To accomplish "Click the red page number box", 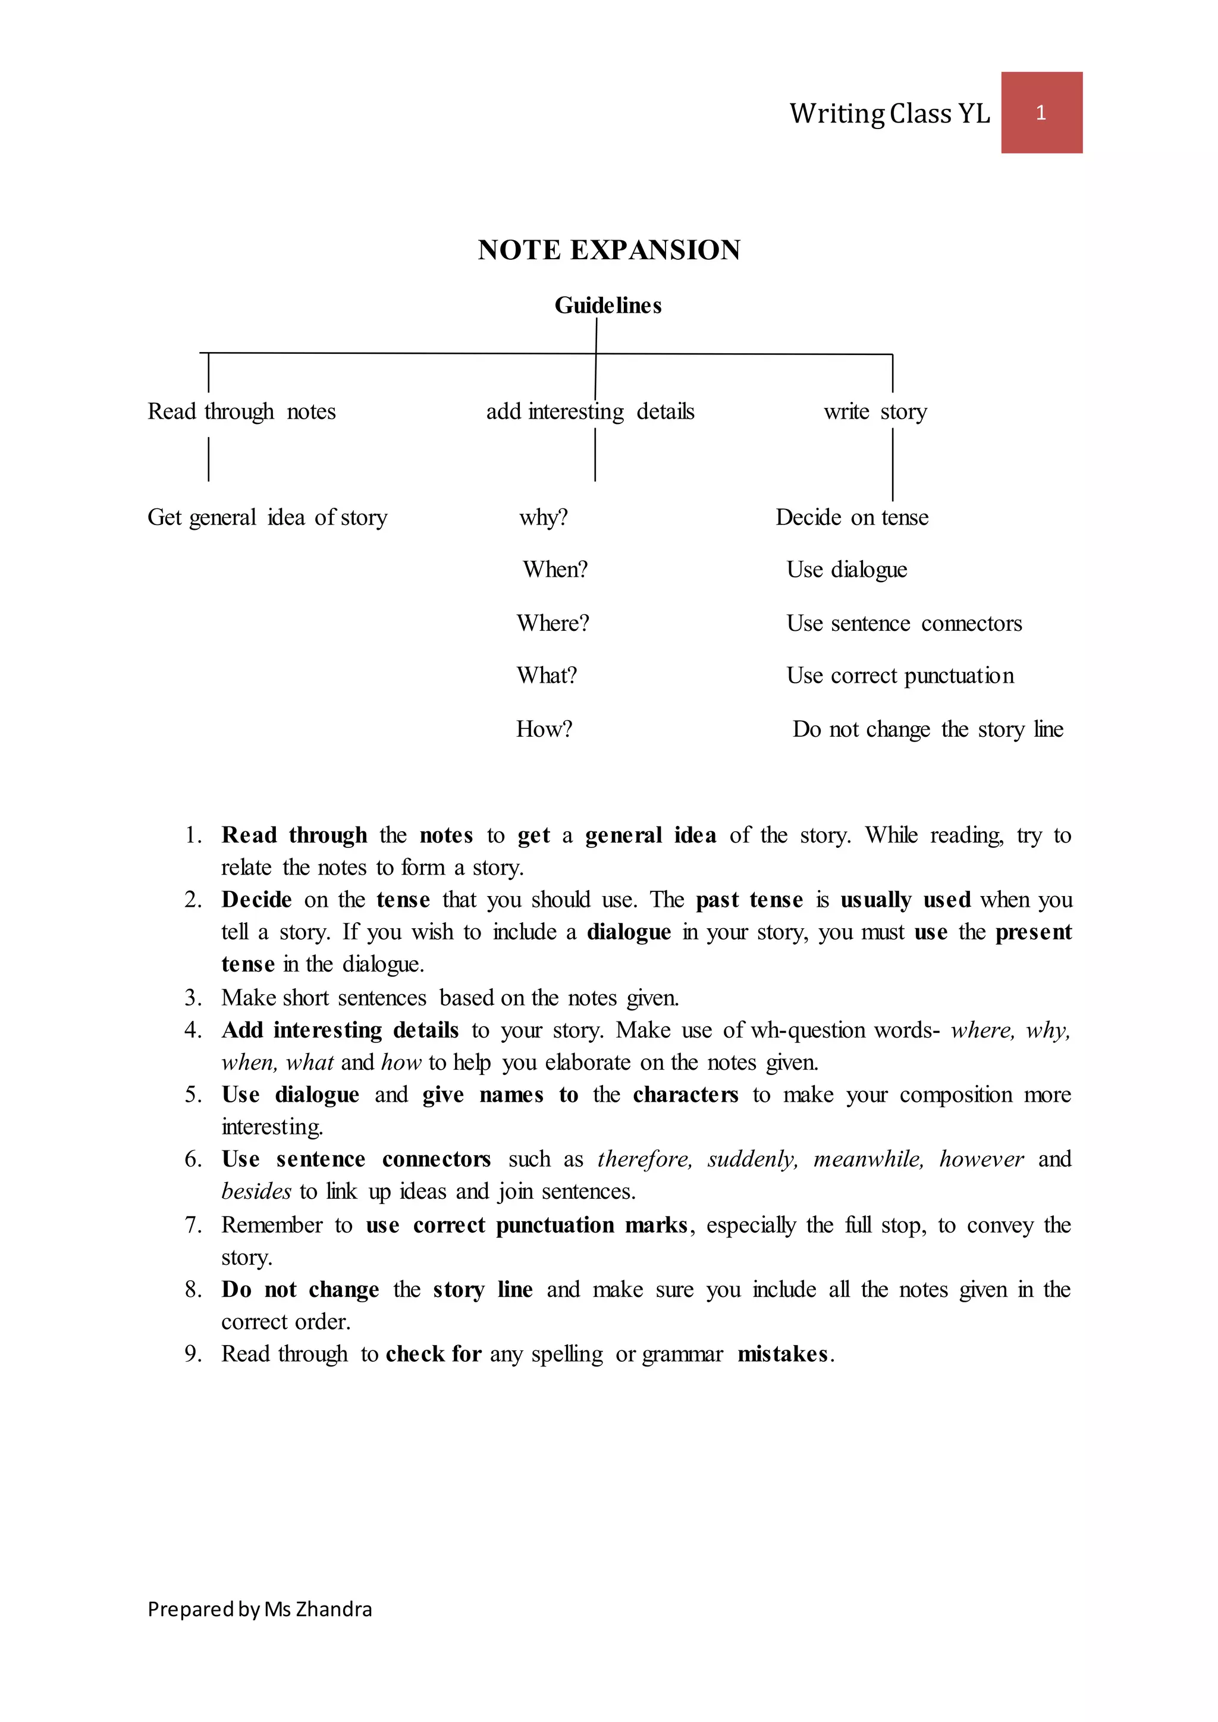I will (1041, 112).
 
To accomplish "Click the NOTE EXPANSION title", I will (609, 250).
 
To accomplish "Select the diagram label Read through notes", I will (241, 411).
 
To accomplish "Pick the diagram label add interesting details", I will (589, 411).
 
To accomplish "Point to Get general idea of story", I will (267, 517).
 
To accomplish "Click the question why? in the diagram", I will (543, 517).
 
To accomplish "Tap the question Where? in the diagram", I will (553, 623).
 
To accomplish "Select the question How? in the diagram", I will (544, 728).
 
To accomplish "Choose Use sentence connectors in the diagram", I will (904, 623).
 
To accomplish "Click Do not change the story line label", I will (927, 728).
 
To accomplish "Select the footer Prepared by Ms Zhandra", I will (259, 1609).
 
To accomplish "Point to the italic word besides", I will (256, 1191).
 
